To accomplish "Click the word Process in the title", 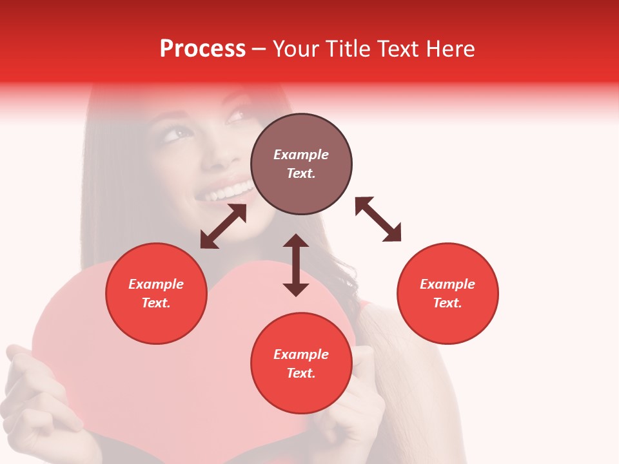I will [x=202, y=49].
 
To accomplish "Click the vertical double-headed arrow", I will [x=296, y=265].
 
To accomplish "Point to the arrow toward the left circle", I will [x=223, y=226].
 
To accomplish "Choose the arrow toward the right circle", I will [x=378, y=219].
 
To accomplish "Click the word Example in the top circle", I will [x=301, y=155].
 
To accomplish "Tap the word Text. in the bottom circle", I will [x=301, y=373].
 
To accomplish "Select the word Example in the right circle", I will [x=447, y=284].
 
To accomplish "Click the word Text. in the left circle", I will [x=156, y=303].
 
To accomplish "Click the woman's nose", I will [x=219, y=155].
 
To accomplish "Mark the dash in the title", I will [x=259, y=50].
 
